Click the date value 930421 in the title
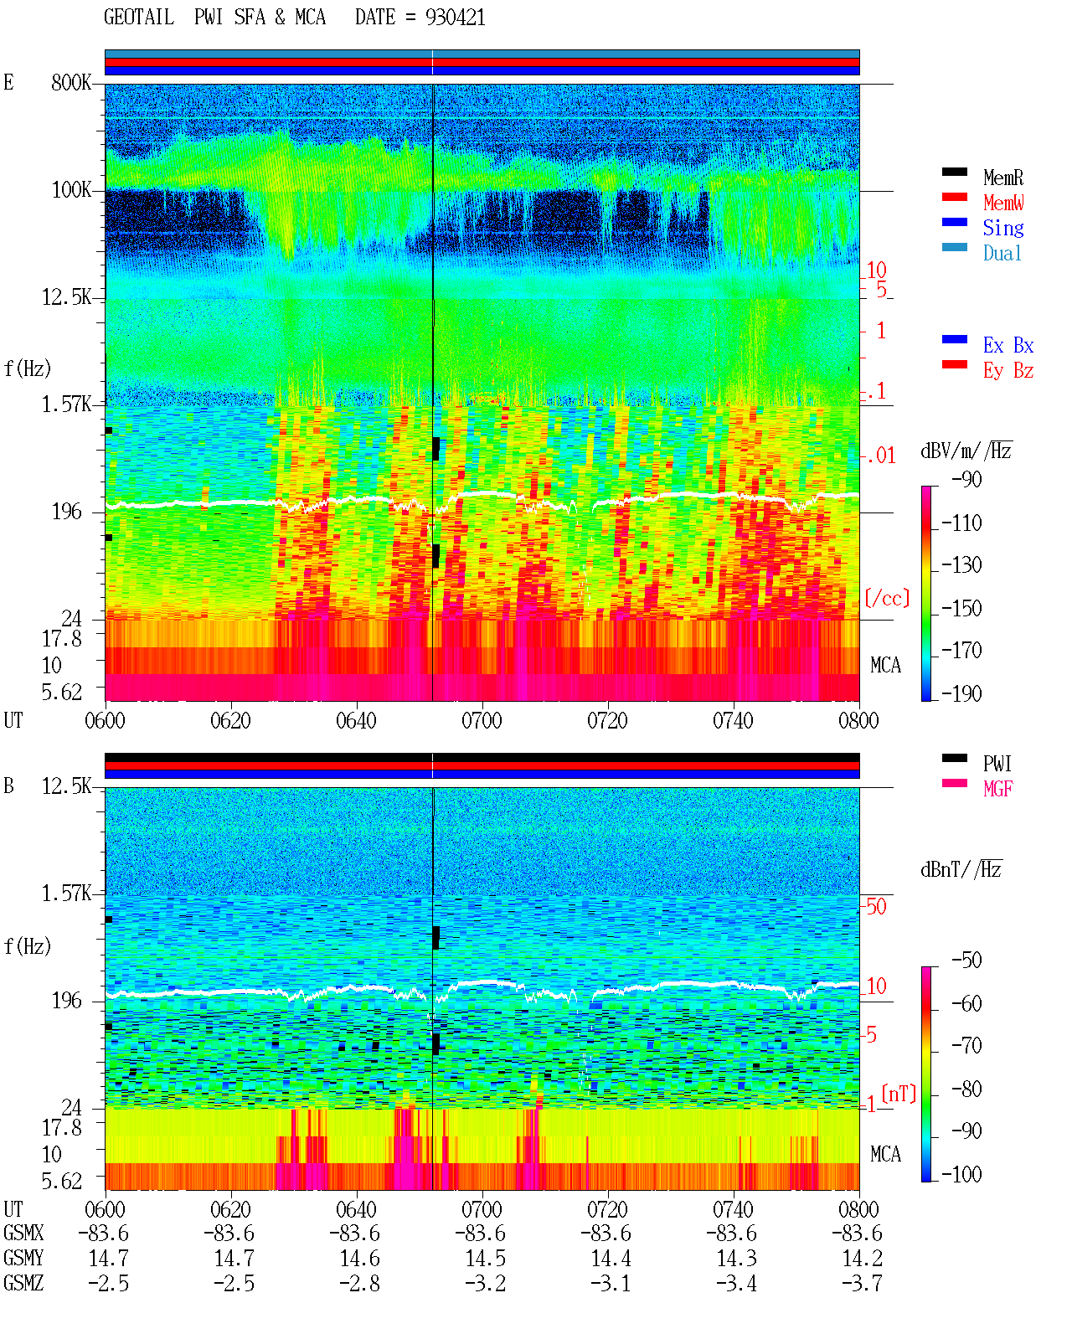click(455, 17)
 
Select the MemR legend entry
click(1003, 178)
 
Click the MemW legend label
click(1003, 202)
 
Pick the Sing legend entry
click(1003, 228)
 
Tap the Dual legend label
click(1002, 253)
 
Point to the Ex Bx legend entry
click(1008, 345)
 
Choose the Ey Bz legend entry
click(1008, 370)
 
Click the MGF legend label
click(997, 789)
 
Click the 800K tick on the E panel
click(71, 82)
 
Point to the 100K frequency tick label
click(71, 190)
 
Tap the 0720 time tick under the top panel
click(607, 720)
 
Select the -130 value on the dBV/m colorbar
click(961, 565)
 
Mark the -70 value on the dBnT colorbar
click(966, 1046)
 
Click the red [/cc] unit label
click(887, 598)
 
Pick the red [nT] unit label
click(899, 1094)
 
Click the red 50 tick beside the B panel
click(876, 906)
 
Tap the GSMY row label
click(23, 1258)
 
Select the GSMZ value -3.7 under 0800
click(862, 1283)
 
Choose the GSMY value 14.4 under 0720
click(611, 1258)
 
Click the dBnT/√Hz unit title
click(961, 869)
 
